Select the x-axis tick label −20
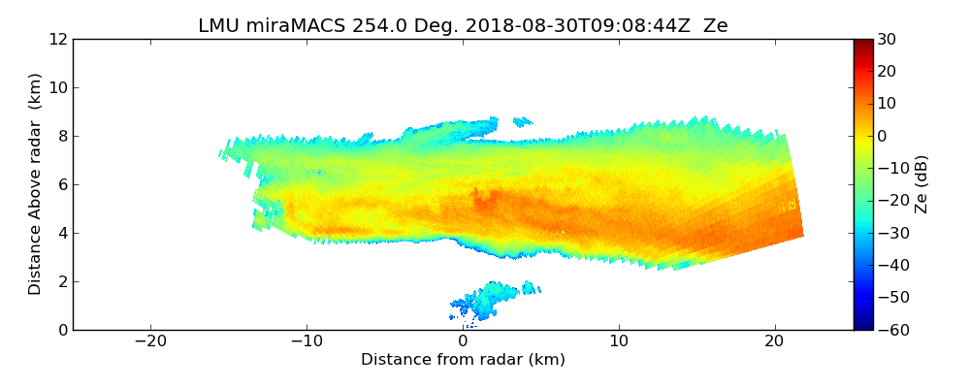[x=150, y=341]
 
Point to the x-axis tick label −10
[x=307, y=341]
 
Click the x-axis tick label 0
[x=463, y=341]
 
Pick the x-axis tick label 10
[x=619, y=341]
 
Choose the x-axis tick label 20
[x=775, y=341]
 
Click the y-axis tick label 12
[x=57, y=39]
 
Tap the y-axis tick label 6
[x=61, y=184]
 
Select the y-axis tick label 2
[x=61, y=281]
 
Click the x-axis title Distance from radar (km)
[x=463, y=360]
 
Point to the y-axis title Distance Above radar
[x=35, y=184]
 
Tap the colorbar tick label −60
[x=890, y=330]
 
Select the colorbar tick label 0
[x=884, y=136]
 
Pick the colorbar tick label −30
[x=890, y=233]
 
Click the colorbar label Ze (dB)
[x=922, y=184]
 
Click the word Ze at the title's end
[x=717, y=26]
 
